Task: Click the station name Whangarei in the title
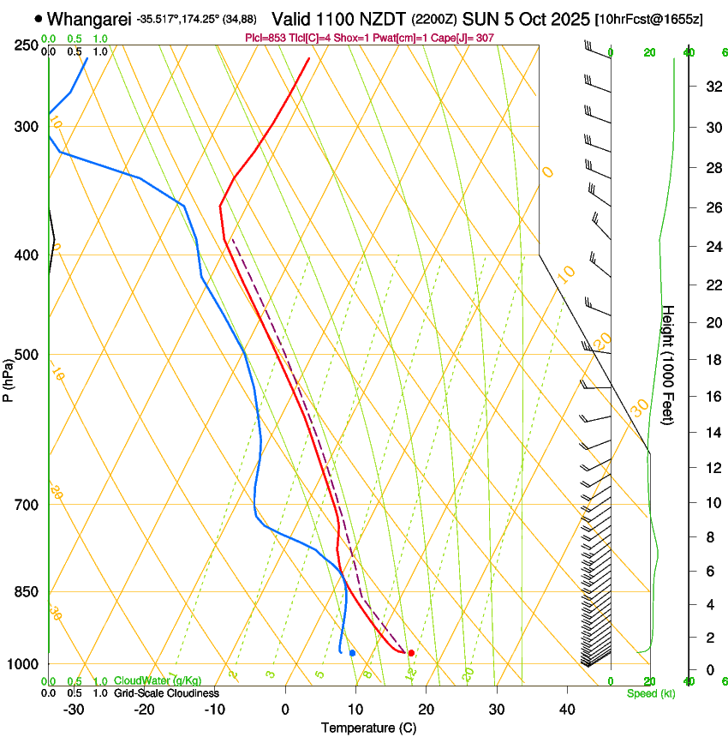click(x=90, y=19)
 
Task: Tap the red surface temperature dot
click(x=411, y=653)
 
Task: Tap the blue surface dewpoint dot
click(x=352, y=653)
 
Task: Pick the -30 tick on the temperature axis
click(x=74, y=710)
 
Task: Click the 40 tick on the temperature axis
click(x=567, y=710)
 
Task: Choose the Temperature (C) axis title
click(x=368, y=728)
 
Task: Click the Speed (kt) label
click(x=651, y=693)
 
